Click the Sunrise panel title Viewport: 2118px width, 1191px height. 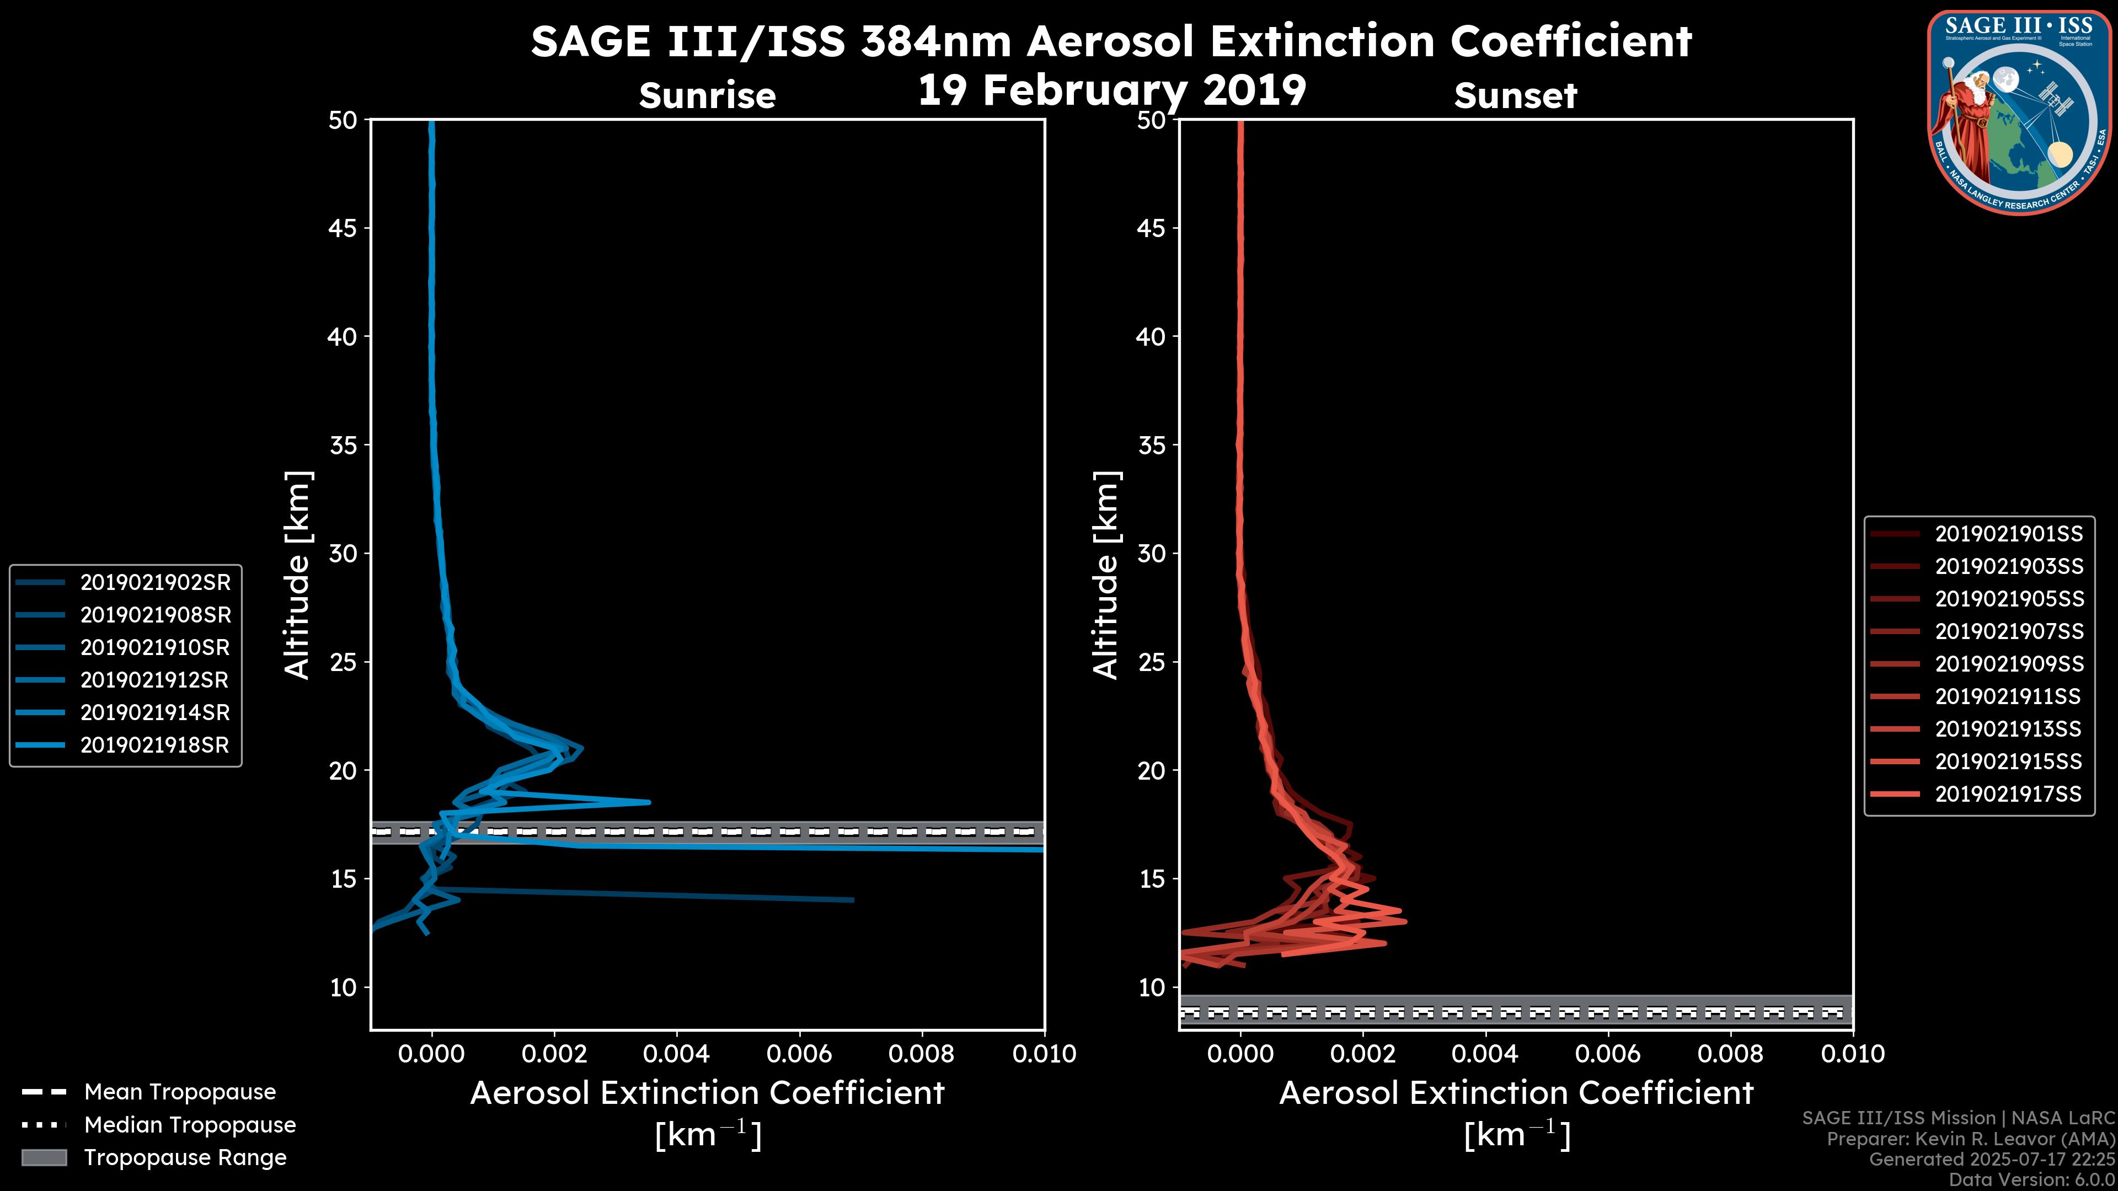point(707,95)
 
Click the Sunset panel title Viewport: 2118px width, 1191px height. point(1515,95)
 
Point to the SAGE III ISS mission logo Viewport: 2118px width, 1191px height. point(2017,112)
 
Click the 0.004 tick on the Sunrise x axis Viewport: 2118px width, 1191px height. point(677,1054)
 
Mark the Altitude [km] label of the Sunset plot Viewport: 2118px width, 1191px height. point(1106,575)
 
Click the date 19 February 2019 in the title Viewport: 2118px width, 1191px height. point(1111,89)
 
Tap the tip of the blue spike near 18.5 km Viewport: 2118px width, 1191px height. point(650,802)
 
